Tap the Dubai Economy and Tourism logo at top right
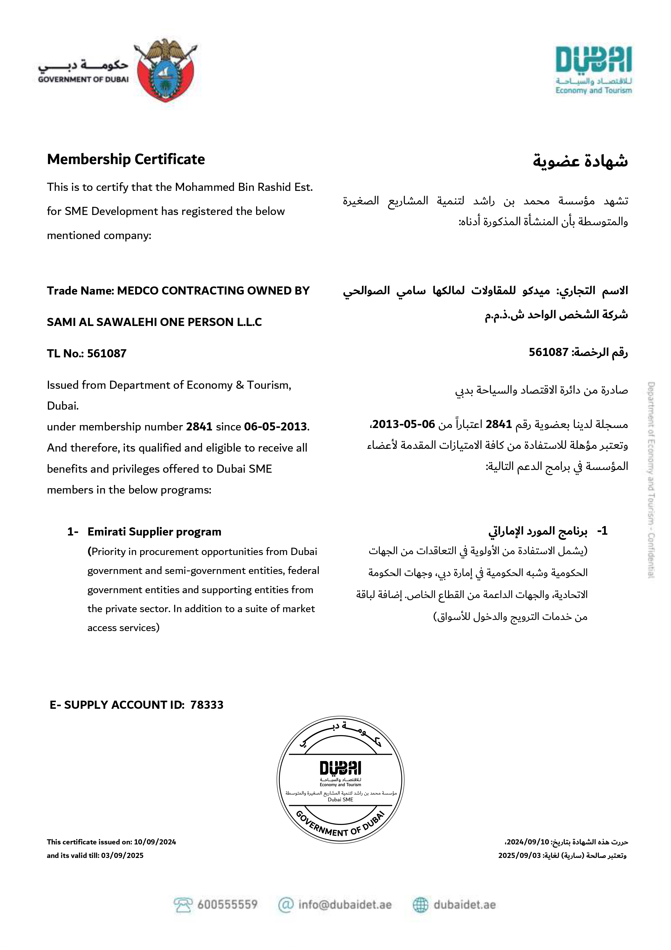point(593,70)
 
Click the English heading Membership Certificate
point(126,159)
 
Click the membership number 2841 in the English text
point(199,427)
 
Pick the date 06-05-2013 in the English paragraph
point(276,427)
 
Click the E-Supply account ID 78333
point(207,705)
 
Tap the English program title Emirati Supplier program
point(154,532)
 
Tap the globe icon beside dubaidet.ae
point(420,905)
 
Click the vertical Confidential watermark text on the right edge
point(651,480)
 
